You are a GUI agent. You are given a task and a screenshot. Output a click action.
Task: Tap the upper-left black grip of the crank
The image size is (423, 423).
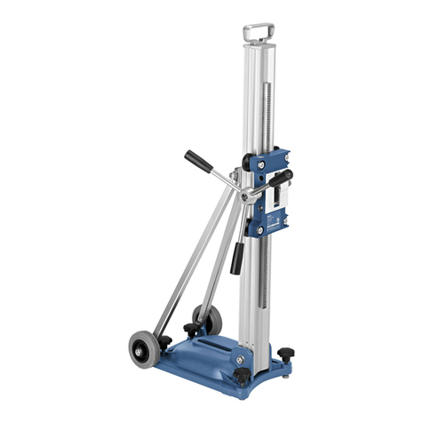coord(197,159)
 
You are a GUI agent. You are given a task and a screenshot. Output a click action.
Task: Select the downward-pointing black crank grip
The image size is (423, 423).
coord(237,259)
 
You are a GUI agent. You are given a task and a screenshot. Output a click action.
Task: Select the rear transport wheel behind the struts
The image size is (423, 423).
coord(207,317)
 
